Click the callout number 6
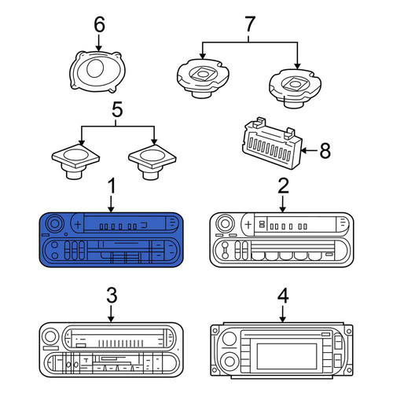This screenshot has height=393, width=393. point(100,24)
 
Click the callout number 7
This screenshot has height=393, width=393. point(249,24)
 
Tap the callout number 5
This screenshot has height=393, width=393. point(117,110)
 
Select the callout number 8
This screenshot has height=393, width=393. point(325,151)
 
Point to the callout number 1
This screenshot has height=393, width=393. point(112,185)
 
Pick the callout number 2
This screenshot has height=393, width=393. point(283,185)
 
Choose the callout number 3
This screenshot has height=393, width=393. point(112,296)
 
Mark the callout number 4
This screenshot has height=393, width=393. point(283,296)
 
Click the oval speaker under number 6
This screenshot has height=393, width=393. point(97,72)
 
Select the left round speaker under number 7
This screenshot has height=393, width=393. point(203,78)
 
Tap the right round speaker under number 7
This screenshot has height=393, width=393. point(295,88)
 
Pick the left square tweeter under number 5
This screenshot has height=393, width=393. point(75,161)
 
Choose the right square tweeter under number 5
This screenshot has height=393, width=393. point(152,161)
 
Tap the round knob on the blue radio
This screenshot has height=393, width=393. point(55,224)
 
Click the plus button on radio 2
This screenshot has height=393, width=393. point(248,224)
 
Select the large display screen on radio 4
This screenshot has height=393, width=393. point(287,356)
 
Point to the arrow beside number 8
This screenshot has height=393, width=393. point(310,150)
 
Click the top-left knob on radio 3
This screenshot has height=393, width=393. point(50,336)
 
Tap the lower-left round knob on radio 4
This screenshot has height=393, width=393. point(230,362)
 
